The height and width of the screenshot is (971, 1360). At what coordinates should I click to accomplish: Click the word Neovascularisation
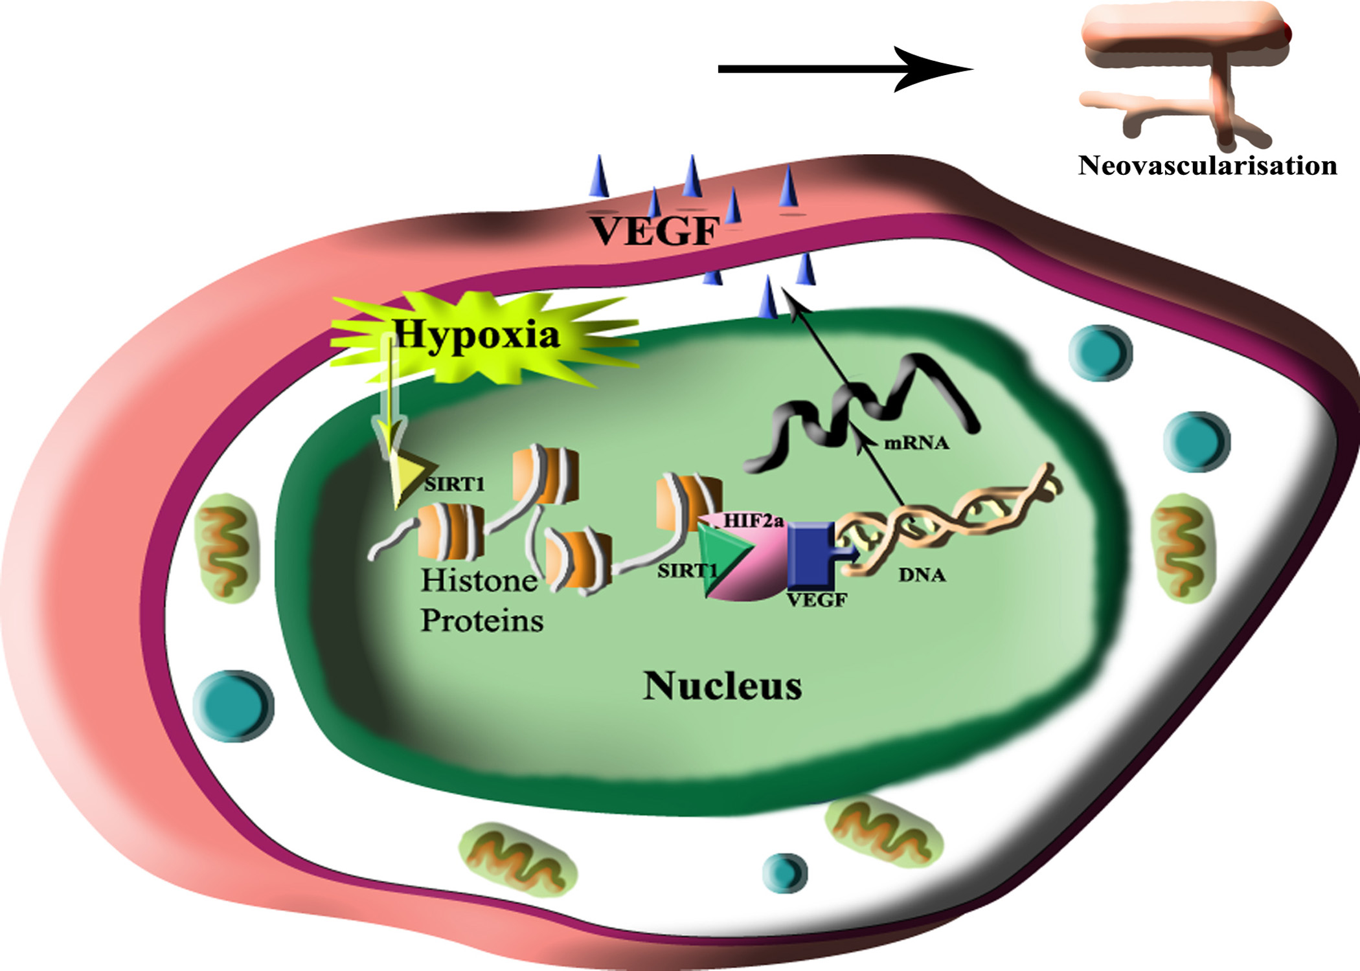[1207, 166]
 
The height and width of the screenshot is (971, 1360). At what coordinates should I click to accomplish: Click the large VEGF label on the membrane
[655, 231]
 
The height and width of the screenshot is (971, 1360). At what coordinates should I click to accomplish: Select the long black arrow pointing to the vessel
[842, 69]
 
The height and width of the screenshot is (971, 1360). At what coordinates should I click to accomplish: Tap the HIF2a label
[753, 520]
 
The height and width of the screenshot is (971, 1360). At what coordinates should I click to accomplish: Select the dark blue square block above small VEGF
[813, 554]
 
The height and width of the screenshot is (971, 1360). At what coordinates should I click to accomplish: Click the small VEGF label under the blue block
[817, 601]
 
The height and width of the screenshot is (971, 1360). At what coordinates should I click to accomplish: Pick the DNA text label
[922, 575]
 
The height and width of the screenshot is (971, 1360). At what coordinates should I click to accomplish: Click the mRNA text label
[916, 443]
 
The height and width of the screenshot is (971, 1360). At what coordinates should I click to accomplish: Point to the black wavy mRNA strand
[861, 408]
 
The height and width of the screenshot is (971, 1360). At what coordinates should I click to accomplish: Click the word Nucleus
[722, 686]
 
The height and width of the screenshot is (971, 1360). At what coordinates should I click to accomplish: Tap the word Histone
[479, 581]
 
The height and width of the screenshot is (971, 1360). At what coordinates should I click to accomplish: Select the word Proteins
[482, 621]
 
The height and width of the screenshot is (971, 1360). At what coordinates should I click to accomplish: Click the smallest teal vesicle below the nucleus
[786, 872]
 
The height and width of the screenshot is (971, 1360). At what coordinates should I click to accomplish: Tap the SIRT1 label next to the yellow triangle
[455, 484]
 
